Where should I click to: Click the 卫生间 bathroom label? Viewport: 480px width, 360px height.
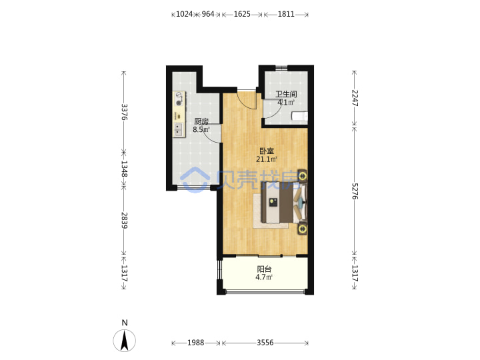tap(286, 94)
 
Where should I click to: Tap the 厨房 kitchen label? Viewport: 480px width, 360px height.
tap(201, 121)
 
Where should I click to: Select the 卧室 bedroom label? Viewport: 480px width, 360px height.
tap(267, 151)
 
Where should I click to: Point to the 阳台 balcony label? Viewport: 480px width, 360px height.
tap(264, 269)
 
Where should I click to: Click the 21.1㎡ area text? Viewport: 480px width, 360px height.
tap(267, 159)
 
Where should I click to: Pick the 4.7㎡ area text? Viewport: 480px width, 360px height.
tap(264, 277)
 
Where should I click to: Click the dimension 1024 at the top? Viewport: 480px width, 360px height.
tap(184, 14)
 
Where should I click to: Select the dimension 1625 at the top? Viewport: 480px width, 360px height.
tap(242, 14)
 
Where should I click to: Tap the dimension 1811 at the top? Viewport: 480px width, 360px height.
tap(286, 14)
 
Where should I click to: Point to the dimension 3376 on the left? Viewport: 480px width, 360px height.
tap(124, 112)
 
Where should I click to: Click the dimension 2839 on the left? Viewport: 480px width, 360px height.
tap(124, 221)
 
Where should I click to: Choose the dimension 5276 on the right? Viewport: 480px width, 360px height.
tap(355, 191)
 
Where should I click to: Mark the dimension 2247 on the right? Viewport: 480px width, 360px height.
tap(355, 98)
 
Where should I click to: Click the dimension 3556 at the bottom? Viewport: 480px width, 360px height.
tap(265, 343)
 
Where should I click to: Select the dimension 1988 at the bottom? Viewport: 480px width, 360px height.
tap(195, 343)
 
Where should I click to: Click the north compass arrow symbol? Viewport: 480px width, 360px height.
tap(124, 341)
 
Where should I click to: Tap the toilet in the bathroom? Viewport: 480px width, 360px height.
tap(299, 117)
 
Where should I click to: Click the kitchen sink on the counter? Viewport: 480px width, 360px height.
tap(179, 130)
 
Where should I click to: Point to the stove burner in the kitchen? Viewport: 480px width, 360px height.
tap(179, 103)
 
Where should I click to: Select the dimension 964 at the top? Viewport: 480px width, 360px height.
tap(208, 14)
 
